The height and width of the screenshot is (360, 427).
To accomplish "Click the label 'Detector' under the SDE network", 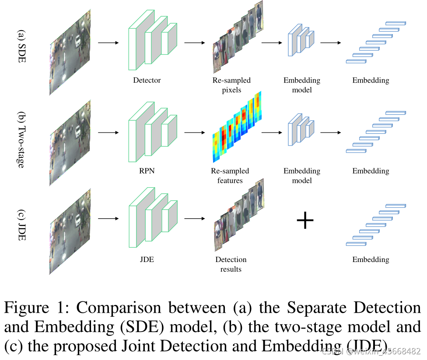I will point(147,80).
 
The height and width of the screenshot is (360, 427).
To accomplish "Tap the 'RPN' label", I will point(147,171).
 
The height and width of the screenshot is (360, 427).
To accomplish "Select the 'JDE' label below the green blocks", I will point(147,259).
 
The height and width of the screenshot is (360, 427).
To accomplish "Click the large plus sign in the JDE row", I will point(305,221).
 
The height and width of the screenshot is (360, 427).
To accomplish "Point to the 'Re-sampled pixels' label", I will point(231,85).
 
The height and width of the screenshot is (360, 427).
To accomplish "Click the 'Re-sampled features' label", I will point(230,175).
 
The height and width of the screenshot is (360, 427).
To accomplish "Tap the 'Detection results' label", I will point(231,264).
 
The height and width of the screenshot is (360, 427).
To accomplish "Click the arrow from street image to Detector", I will point(108,43).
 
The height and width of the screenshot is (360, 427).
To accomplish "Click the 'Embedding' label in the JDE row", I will point(371,259).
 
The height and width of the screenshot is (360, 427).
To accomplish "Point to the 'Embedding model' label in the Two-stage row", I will point(301,175).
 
